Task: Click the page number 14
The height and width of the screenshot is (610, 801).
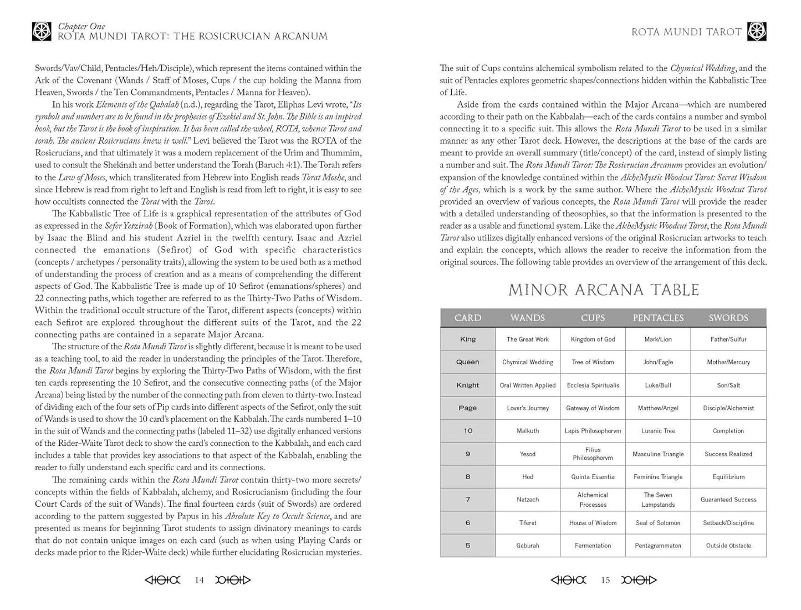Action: tap(199, 580)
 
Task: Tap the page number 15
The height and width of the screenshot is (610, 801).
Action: tap(605, 580)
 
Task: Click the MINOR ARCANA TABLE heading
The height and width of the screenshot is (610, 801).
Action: tap(604, 290)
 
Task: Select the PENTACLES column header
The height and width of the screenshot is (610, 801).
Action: tap(658, 318)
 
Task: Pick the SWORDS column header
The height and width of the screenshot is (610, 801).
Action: tap(728, 318)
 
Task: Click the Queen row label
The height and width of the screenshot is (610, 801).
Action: tap(467, 362)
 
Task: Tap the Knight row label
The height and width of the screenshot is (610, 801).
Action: tap(467, 385)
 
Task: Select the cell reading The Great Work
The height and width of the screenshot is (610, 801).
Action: tap(528, 339)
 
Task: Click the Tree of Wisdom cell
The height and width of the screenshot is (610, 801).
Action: tap(593, 362)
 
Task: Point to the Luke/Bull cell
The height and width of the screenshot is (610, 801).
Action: tap(658, 385)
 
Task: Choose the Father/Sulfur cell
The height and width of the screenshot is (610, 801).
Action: tap(728, 339)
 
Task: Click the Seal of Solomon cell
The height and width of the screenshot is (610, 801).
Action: tap(658, 523)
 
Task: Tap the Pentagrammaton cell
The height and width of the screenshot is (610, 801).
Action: tap(658, 546)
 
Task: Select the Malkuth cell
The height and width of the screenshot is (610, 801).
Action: tap(528, 431)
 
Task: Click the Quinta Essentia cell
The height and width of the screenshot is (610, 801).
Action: tap(593, 477)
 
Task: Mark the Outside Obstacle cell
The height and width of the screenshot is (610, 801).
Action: tap(728, 546)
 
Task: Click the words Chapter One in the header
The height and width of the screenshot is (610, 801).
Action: tap(81, 26)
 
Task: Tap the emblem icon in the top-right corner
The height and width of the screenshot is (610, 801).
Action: tap(757, 32)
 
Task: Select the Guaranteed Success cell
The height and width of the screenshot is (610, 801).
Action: tap(728, 500)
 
